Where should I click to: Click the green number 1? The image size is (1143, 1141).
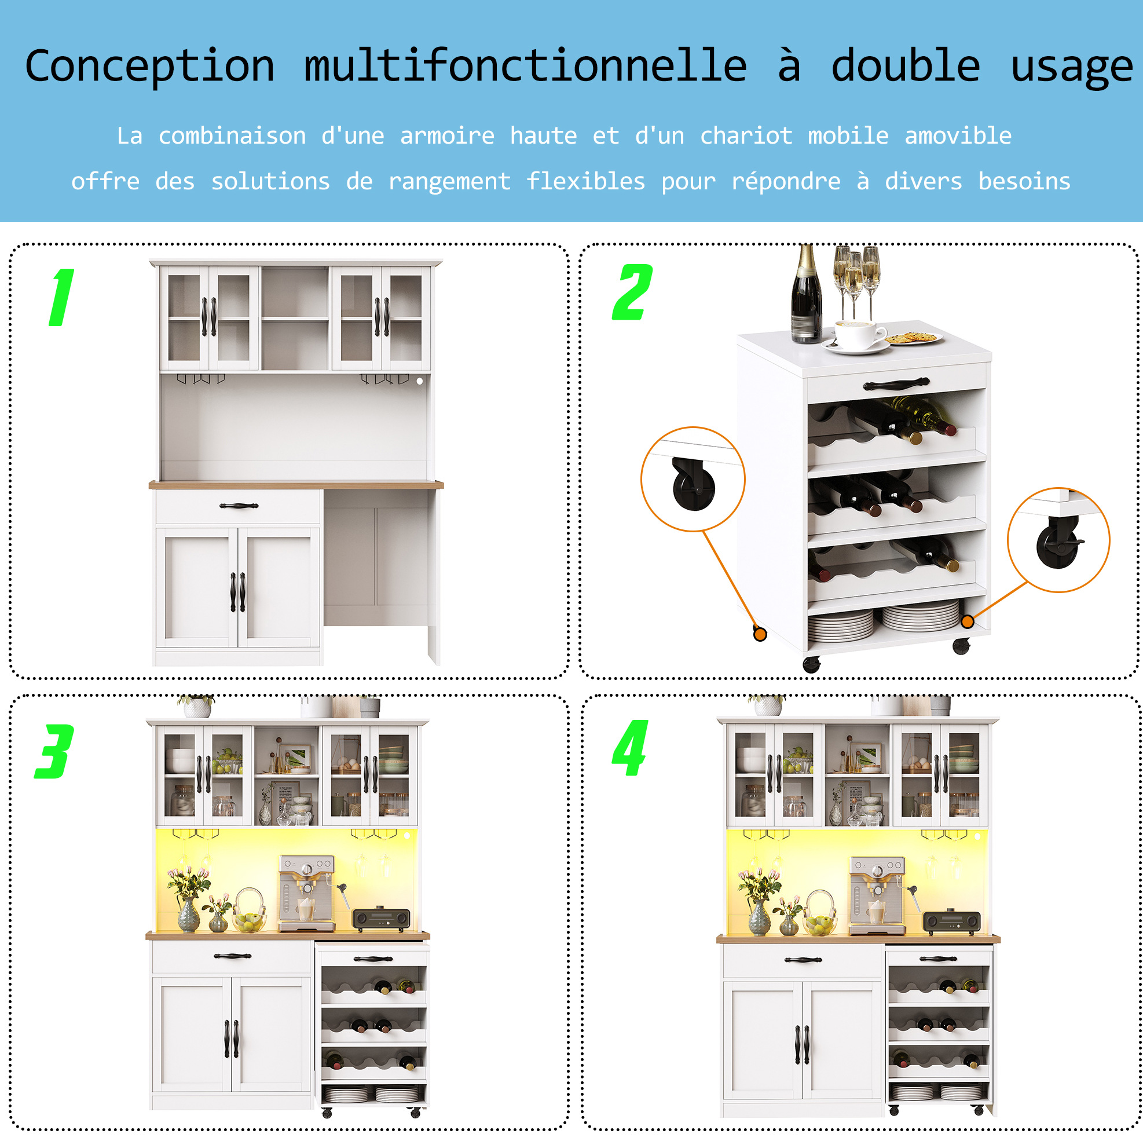click(x=62, y=297)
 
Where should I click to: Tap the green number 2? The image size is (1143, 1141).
click(x=632, y=292)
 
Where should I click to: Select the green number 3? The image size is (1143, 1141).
click(x=54, y=751)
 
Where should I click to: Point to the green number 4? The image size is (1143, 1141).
click(x=630, y=748)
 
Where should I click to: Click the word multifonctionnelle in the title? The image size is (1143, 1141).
click(x=525, y=65)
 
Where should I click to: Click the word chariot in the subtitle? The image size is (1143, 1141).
click(x=746, y=136)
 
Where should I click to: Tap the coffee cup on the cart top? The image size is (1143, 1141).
click(x=859, y=334)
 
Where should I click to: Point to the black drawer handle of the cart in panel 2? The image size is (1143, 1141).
click(x=896, y=384)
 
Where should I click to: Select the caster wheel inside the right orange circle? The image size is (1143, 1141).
click(x=1058, y=544)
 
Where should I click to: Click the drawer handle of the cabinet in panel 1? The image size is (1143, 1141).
click(x=239, y=506)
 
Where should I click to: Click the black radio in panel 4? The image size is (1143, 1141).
click(x=952, y=921)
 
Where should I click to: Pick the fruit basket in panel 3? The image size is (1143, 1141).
click(x=250, y=911)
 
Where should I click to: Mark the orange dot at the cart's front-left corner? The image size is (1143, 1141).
click(x=760, y=634)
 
